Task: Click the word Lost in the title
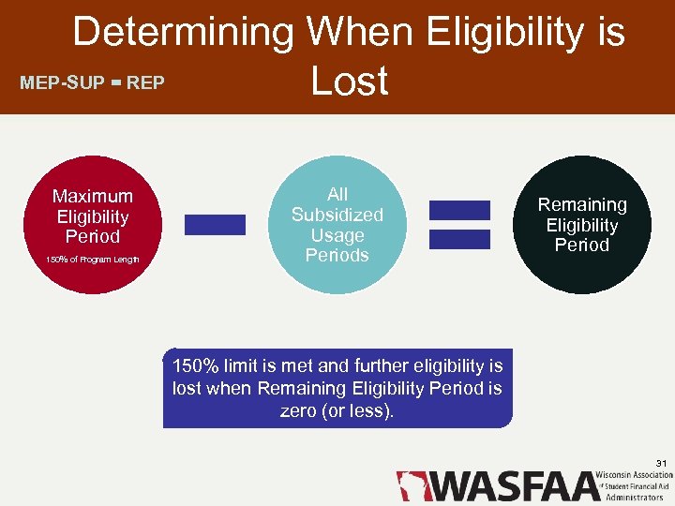coord(349,82)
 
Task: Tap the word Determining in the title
coord(183,33)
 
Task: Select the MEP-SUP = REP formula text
coord(92,82)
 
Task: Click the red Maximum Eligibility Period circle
coord(92,225)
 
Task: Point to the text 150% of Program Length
coord(92,260)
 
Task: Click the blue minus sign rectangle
coord(215,225)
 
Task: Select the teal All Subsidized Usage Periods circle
coord(337,225)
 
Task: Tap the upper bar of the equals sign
coord(459,210)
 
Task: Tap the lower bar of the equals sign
coord(459,239)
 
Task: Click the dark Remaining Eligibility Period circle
coord(582,225)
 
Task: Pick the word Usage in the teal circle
coord(337,235)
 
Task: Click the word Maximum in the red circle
coord(92,196)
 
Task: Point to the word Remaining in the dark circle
coord(582,204)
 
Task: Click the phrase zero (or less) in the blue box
coord(337,410)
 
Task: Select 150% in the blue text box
coord(195,365)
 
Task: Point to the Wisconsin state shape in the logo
coord(412,485)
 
